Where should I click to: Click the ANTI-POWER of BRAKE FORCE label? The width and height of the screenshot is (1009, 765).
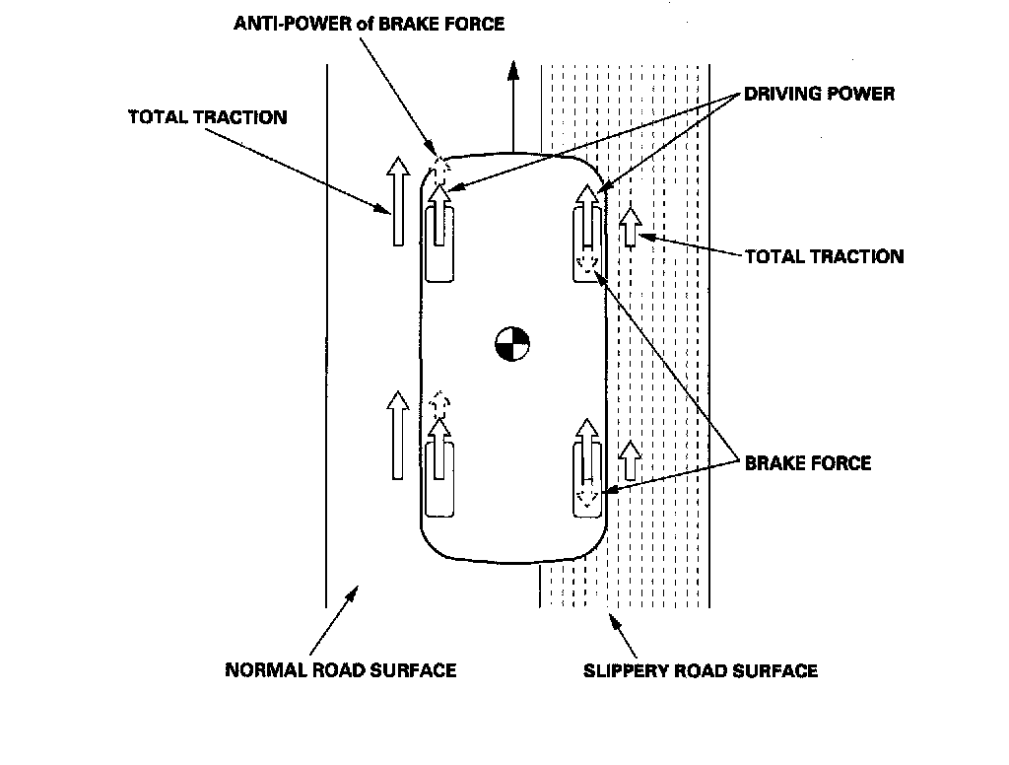[369, 24]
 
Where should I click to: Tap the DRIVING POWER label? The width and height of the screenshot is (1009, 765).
[819, 94]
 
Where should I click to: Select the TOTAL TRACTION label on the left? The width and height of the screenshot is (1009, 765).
[208, 117]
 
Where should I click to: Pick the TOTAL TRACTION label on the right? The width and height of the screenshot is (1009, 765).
[825, 257]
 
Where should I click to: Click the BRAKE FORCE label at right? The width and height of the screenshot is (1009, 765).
[808, 463]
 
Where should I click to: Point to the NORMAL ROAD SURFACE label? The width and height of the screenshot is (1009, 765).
[340, 670]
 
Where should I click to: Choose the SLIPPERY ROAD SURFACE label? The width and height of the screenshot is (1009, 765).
[701, 671]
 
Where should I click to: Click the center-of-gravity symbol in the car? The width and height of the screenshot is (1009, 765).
[512, 344]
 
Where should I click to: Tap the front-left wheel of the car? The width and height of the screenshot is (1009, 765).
[439, 244]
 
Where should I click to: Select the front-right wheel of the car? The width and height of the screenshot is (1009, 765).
[587, 244]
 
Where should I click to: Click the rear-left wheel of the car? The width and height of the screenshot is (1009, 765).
[439, 479]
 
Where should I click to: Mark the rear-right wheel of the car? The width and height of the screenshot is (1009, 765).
[587, 479]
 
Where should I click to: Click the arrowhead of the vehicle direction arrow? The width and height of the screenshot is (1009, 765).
[512, 70]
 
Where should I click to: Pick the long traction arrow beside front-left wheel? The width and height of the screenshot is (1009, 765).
[398, 201]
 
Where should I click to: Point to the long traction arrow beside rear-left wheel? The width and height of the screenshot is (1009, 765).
[398, 436]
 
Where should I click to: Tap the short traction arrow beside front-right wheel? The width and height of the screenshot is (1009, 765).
[630, 227]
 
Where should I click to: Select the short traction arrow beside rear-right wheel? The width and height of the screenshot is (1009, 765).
[630, 460]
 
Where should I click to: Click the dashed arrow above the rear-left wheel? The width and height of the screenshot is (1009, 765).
[439, 404]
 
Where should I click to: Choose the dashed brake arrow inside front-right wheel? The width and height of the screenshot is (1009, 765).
[587, 263]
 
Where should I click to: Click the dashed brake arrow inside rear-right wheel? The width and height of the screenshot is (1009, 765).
[587, 497]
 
